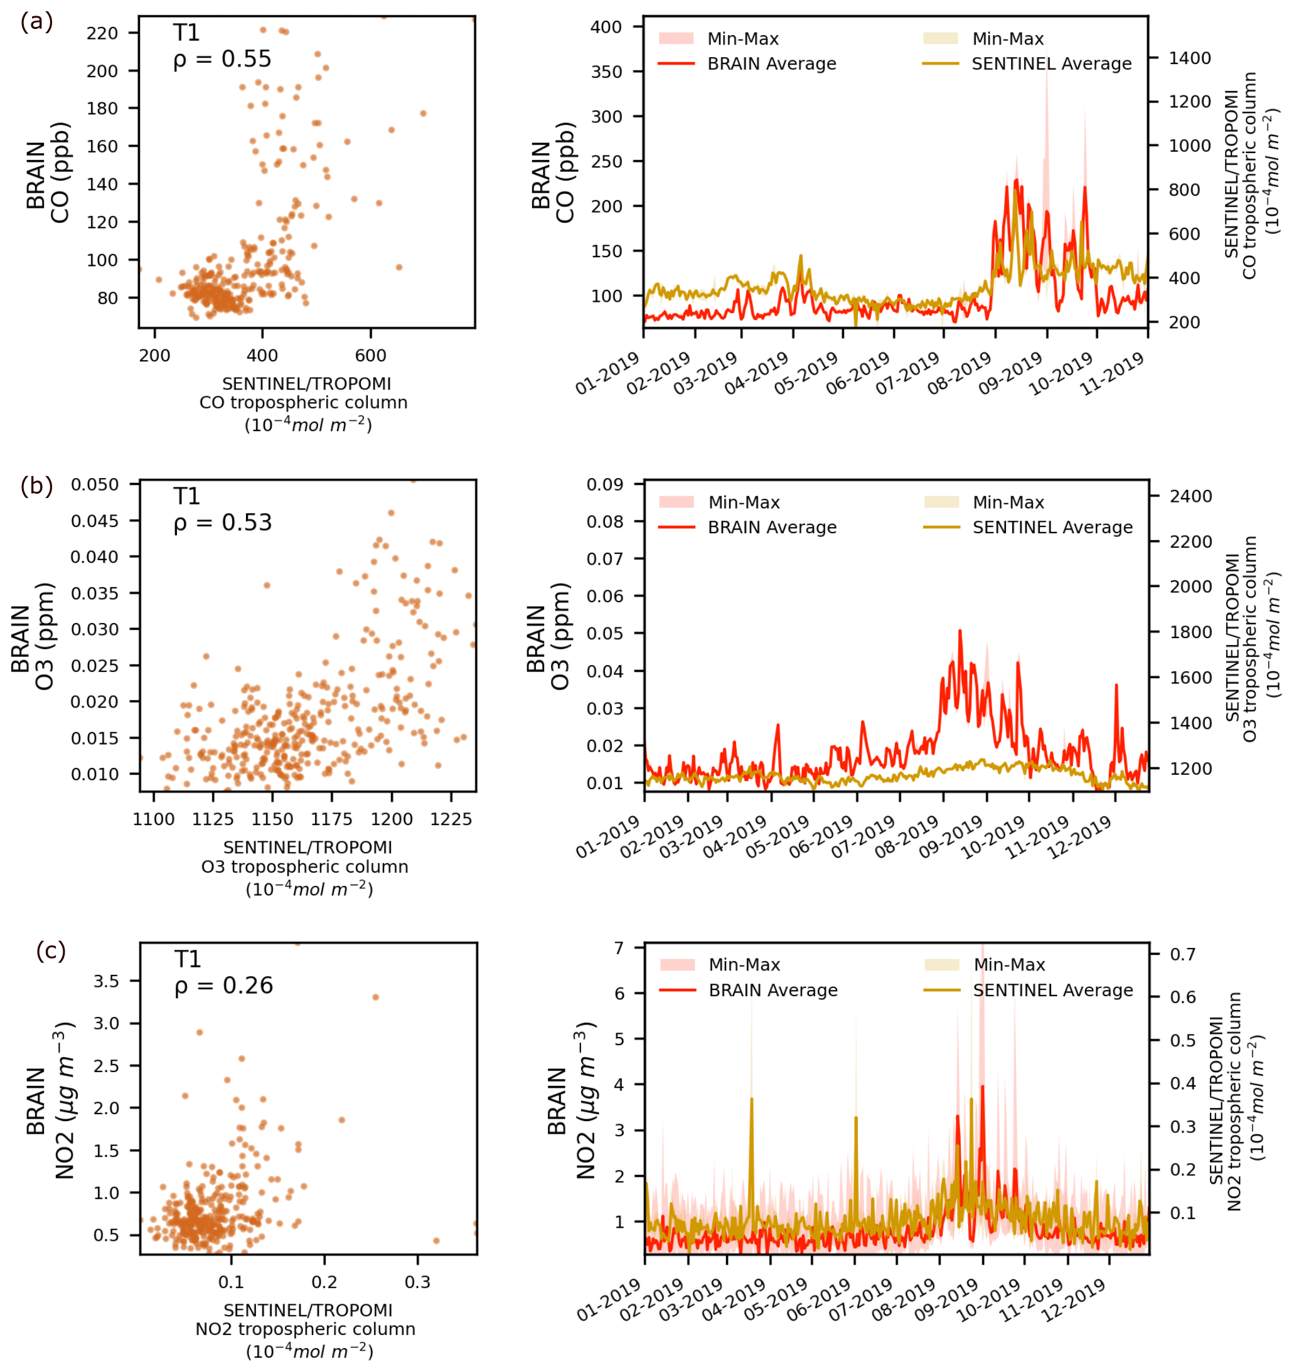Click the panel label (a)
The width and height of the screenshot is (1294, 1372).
36,22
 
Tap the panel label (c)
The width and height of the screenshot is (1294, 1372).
51,950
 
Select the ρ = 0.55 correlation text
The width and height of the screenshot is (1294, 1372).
222,60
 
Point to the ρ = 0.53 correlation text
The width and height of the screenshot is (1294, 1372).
222,523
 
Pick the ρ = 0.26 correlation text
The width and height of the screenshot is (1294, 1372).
223,986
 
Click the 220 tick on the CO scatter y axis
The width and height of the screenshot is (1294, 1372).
102,33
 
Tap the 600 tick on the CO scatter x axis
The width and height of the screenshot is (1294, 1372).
371,356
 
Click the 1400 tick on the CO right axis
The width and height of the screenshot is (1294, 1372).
1190,58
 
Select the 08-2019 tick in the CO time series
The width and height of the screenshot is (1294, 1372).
959,373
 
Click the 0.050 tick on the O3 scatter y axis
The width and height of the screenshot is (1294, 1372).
95,484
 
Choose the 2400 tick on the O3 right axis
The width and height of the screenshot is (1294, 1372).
1191,496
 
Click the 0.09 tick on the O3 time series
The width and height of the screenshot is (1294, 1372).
604,484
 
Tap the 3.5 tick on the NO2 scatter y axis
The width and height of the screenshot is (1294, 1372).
106,981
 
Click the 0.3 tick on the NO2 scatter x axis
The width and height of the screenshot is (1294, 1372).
417,1282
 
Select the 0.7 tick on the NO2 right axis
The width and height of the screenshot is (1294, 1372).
1183,954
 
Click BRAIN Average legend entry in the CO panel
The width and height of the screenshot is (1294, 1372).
771,64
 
